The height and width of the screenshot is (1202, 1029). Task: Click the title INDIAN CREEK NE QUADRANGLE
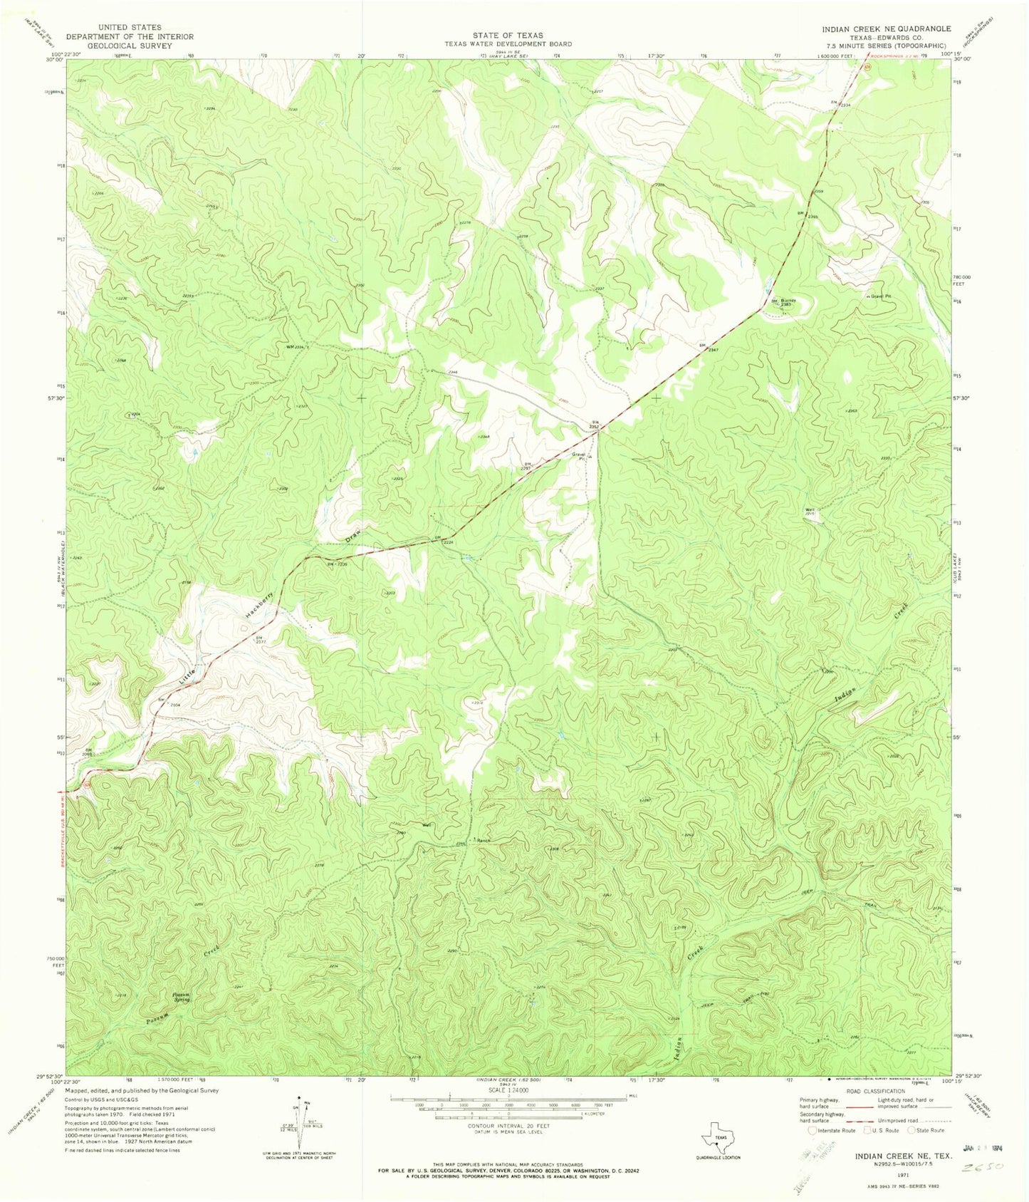click(886, 29)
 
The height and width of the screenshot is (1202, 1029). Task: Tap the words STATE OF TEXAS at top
click(507, 35)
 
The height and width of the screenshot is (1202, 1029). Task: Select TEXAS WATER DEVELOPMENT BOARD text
click(508, 43)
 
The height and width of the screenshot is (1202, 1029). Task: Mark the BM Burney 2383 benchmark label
click(783, 302)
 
